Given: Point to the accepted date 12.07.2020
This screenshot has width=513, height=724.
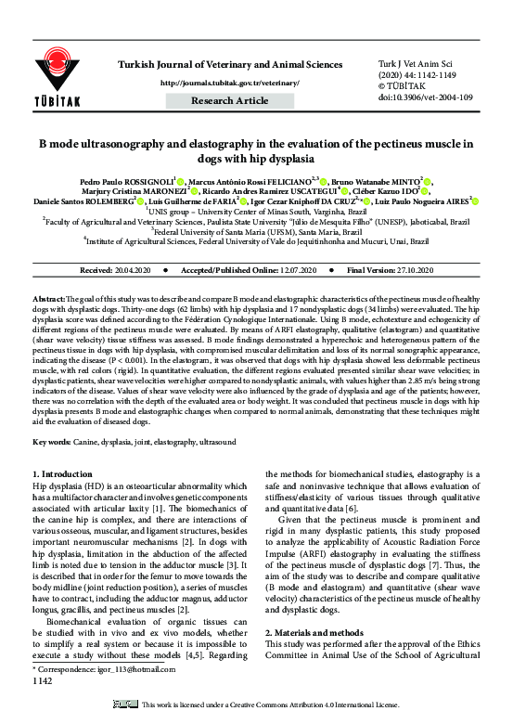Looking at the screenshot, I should pos(293,270).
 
